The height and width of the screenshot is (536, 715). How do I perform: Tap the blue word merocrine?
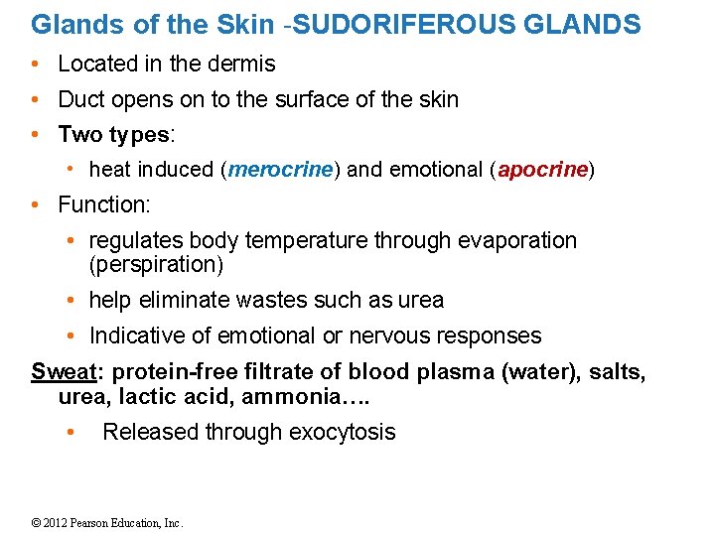pos(281,170)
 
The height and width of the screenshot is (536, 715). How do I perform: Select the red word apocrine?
pos(542,170)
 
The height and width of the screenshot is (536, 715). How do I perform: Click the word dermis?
pos(245,65)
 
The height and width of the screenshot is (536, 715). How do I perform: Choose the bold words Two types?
pos(114,134)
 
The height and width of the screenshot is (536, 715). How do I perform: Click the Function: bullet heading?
pos(104,205)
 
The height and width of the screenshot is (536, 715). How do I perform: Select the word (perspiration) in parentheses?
pos(157,265)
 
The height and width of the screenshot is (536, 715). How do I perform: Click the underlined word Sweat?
pos(64,371)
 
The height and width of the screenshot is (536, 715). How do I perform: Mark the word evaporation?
pos(517,241)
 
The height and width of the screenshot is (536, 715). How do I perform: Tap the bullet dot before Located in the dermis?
pos(35,65)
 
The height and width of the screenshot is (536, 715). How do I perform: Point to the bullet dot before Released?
pos(69,432)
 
